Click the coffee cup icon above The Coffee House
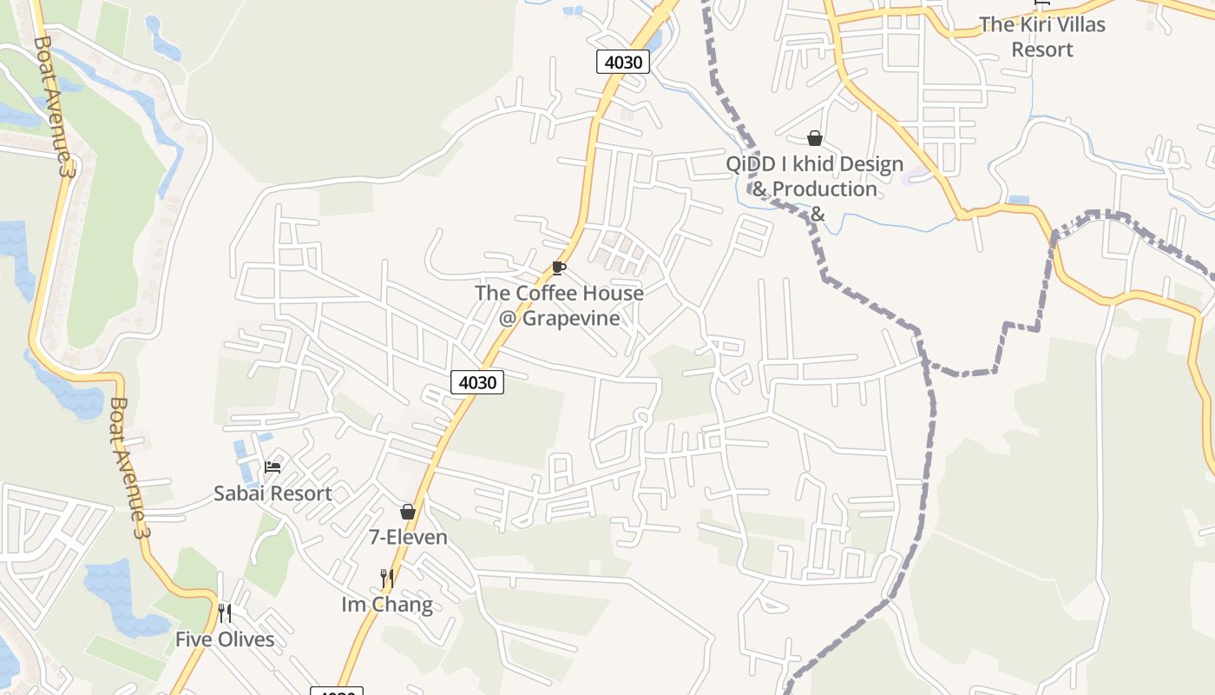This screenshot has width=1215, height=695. coord(558,268)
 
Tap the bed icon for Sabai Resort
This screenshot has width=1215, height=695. coord(273,467)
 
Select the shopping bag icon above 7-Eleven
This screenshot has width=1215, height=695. coord(408,512)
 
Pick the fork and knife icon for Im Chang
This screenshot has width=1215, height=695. coord(387,578)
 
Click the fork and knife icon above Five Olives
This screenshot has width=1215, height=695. coord(224,613)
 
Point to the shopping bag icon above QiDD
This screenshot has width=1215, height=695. coord(814,138)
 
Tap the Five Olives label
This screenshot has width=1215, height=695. coord(225,640)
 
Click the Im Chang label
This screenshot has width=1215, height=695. coord(387,605)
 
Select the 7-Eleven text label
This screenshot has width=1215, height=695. coord(409,538)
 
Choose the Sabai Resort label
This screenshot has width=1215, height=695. coord(273,493)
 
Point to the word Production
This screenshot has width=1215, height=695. coord(824,189)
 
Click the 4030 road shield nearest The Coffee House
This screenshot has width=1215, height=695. coord(477,381)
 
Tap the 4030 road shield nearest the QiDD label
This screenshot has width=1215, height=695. coord(623,62)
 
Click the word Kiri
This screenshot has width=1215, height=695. coord(1032,24)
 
